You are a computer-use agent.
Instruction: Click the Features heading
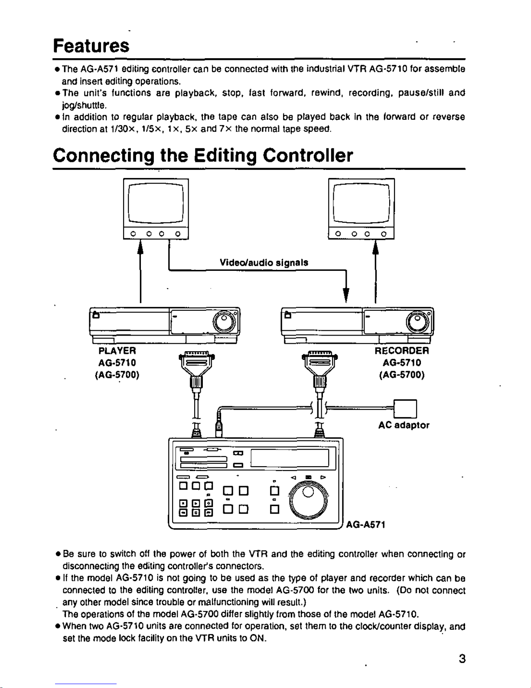[91, 45]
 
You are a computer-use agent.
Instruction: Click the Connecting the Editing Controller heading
[203, 155]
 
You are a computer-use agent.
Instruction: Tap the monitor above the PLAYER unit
[156, 208]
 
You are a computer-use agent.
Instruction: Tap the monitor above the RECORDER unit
[361, 208]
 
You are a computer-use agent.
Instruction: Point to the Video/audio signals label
[264, 263]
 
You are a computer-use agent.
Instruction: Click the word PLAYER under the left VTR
[117, 350]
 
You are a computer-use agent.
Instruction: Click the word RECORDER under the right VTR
[401, 350]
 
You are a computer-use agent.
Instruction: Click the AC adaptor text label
[404, 425]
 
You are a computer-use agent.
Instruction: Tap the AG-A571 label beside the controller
[365, 525]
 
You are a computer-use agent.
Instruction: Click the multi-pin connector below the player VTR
[197, 363]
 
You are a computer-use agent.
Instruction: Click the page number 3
[462, 659]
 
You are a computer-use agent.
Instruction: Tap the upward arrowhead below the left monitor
[140, 248]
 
